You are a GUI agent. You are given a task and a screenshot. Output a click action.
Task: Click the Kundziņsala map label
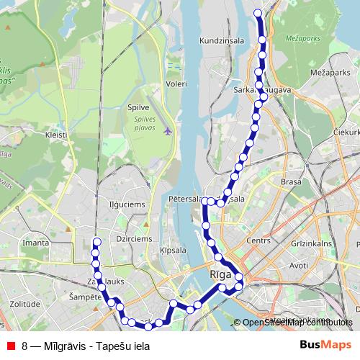pos(223,40)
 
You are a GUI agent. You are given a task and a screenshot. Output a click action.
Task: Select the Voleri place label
pos(176,84)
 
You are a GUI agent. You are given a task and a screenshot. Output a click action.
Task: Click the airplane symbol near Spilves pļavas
pos(168,131)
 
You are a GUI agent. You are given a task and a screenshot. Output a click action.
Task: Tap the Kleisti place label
pos(55,135)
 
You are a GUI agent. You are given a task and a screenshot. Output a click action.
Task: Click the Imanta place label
pos(36,243)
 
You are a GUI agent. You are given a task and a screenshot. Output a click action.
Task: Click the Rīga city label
pos(220,275)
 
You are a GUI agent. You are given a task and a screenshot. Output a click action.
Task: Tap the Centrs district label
pos(257,240)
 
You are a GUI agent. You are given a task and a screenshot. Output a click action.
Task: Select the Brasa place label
pos(291,183)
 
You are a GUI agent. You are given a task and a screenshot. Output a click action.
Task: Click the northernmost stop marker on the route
pos(260,12)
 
